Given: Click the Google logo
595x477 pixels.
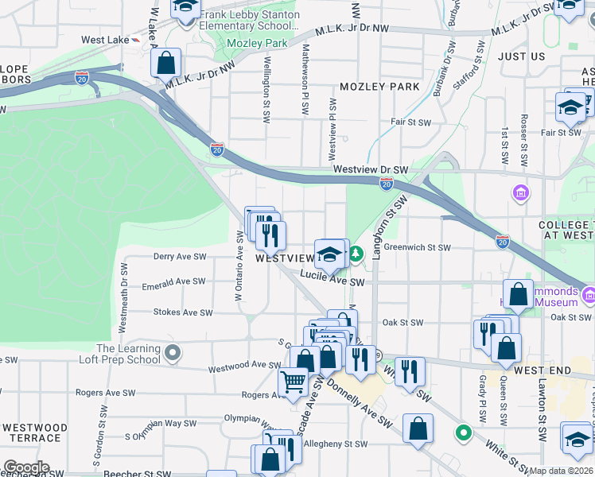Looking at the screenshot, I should tap(25, 467).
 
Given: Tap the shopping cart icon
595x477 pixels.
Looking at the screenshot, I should tap(293, 382).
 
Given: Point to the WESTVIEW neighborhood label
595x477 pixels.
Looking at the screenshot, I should tap(284, 258).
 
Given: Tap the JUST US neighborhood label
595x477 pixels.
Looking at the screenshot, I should tap(521, 56).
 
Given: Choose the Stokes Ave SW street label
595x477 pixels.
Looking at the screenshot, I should tap(183, 312).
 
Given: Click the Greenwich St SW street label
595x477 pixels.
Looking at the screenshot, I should tap(417, 248).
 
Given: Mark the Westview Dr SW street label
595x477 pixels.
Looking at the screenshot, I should tap(370, 170).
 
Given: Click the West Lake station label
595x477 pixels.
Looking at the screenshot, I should tap(104, 40).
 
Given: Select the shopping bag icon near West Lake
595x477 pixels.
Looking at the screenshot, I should tap(166, 63).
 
